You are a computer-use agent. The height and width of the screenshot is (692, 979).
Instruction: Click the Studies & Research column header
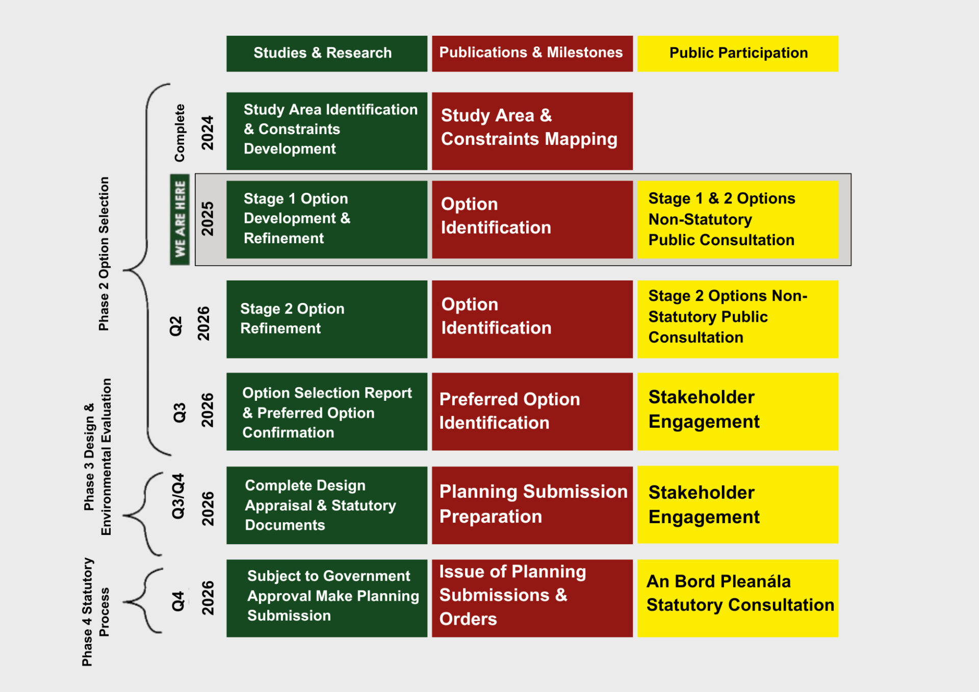326,53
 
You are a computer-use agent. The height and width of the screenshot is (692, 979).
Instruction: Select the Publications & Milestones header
532,53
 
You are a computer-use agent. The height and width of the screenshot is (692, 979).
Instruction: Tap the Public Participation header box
737,53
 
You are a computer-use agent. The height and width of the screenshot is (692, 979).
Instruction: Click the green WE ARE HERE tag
180,219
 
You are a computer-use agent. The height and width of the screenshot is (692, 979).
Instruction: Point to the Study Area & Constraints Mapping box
532,131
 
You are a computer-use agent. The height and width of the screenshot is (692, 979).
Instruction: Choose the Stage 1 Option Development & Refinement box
326,219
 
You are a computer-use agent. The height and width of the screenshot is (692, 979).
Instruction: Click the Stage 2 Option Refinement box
326,319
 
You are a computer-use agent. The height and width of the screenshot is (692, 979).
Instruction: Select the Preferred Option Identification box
532,411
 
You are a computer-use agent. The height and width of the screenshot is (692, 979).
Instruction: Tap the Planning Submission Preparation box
532,504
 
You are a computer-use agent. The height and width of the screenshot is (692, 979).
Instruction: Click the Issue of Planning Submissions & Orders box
532,598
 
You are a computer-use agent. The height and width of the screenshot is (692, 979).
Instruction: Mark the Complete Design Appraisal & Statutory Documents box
326,504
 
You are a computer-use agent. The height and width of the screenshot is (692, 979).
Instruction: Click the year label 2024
208,133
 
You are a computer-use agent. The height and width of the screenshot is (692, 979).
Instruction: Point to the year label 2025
208,219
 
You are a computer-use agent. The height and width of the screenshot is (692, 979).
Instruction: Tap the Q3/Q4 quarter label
178,496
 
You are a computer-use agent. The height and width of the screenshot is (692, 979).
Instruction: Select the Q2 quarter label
176,326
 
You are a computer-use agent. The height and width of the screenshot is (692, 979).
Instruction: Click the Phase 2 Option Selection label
104,253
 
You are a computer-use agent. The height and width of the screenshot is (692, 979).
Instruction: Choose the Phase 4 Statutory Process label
95,611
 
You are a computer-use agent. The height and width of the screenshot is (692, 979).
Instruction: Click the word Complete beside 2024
179,133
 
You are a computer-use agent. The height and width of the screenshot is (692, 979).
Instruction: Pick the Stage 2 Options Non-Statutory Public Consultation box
737,319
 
